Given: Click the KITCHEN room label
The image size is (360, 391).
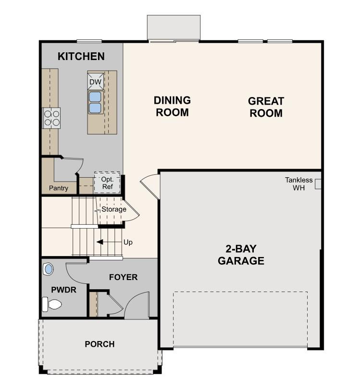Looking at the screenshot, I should point(81,56).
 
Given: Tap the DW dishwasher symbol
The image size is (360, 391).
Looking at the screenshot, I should point(95,82).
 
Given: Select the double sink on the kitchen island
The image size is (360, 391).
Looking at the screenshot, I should point(95,102).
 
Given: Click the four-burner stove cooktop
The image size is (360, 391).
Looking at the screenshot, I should point(51,118).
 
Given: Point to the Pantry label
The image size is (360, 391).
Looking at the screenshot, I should point(58,188).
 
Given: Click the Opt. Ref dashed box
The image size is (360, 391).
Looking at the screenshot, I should point(107,183).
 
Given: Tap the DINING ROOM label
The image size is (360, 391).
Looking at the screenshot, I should point(172,107).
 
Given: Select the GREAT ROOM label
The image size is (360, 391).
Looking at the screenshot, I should point(266,107).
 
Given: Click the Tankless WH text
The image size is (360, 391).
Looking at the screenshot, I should point(298,184).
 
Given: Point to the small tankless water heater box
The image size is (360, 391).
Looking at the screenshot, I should point(318,184).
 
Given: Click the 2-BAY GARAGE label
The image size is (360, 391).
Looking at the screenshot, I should point(241,255).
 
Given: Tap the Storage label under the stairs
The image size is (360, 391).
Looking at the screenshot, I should point(113,209).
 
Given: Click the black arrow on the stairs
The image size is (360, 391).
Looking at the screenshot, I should point(101,242).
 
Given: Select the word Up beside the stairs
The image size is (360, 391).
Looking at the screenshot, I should point(128,242).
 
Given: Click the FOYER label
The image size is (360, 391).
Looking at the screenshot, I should point(123,277).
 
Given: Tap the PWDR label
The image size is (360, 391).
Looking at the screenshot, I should point(61,290).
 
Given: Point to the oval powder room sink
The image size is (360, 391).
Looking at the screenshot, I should point(48,269).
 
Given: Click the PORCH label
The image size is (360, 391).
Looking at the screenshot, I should point(99,344).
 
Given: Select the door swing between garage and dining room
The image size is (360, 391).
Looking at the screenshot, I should point(150,184).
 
